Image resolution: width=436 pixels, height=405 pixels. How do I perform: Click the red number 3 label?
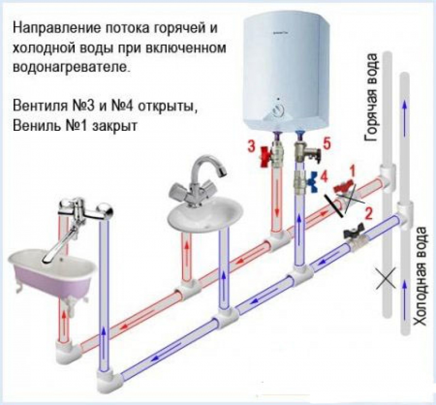pyautogui.click(x=251, y=147)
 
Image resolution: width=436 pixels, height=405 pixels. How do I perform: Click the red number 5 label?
pyautogui.click(x=328, y=144)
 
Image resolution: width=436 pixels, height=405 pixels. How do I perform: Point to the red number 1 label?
pyautogui.click(x=353, y=171)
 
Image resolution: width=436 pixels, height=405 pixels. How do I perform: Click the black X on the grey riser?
pyautogui.click(x=386, y=278)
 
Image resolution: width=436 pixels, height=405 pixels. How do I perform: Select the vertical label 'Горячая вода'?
pyautogui.click(x=371, y=97)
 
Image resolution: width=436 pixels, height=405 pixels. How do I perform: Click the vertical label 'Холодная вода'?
pyautogui.click(x=420, y=276)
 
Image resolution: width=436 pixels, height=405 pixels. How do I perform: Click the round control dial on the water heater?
pyautogui.click(x=278, y=111)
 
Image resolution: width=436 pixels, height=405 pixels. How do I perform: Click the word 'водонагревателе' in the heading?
pyautogui.click(x=71, y=68)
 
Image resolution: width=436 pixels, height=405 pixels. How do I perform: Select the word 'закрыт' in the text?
pyautogui.click(x=114, y=126)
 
